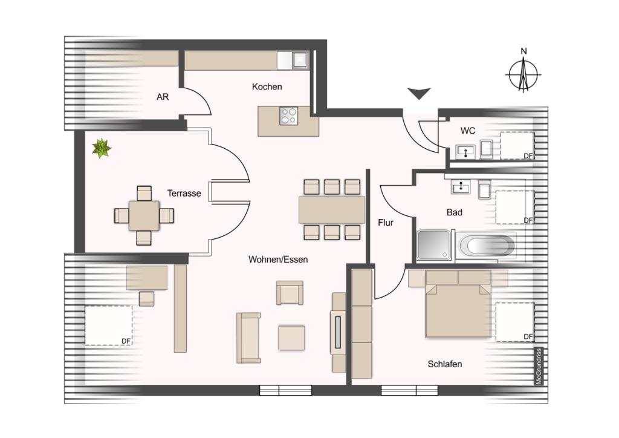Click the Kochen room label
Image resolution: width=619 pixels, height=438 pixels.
267,87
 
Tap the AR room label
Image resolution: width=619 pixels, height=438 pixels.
163,97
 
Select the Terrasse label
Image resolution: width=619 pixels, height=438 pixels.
184,193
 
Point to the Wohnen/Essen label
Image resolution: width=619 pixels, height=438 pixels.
278,260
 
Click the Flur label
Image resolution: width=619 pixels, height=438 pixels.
386,223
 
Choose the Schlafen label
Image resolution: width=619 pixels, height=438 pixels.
445,364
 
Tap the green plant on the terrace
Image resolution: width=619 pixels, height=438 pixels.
102,148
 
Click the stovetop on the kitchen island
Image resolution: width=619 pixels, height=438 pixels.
288,116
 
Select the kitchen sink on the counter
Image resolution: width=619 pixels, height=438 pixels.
300,60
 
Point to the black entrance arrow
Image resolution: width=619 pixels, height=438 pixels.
419,94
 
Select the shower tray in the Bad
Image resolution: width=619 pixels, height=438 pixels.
434,245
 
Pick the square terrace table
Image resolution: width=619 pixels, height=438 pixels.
144,215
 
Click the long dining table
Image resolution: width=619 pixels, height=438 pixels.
332,210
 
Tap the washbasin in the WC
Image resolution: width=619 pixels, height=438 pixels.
465,152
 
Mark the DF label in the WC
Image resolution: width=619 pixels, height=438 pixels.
528,156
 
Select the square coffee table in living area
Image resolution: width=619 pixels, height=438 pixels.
291,338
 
